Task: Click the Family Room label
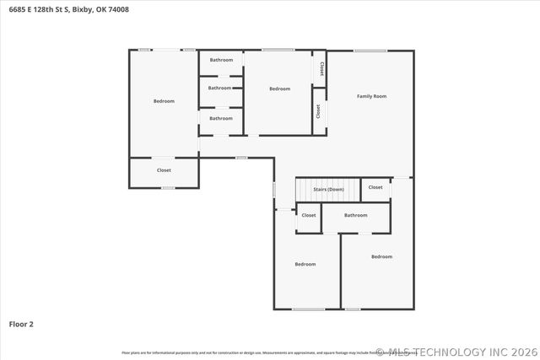pos(371,97)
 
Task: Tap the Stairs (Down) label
pos(328,190)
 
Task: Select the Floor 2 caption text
pos(21,324)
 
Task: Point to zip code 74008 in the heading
pos(118,10)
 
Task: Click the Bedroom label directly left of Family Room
pos(279,89)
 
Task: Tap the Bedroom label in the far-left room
pos(164,101)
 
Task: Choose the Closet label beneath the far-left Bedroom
pos(164,170)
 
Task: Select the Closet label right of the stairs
pos(375,187)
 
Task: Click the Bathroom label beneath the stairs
pos(355,215)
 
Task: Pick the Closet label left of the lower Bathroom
pos(309,215)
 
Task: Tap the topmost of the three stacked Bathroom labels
pos(221,60)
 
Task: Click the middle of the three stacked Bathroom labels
pos(219,88)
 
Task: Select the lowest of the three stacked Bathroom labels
pos(221,118)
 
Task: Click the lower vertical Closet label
pos(318,110)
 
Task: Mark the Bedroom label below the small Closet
pos(305,264)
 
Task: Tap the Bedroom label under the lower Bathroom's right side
pos(381,256)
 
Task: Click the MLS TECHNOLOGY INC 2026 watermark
pos(455,352)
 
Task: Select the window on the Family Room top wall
pos(370,51)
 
